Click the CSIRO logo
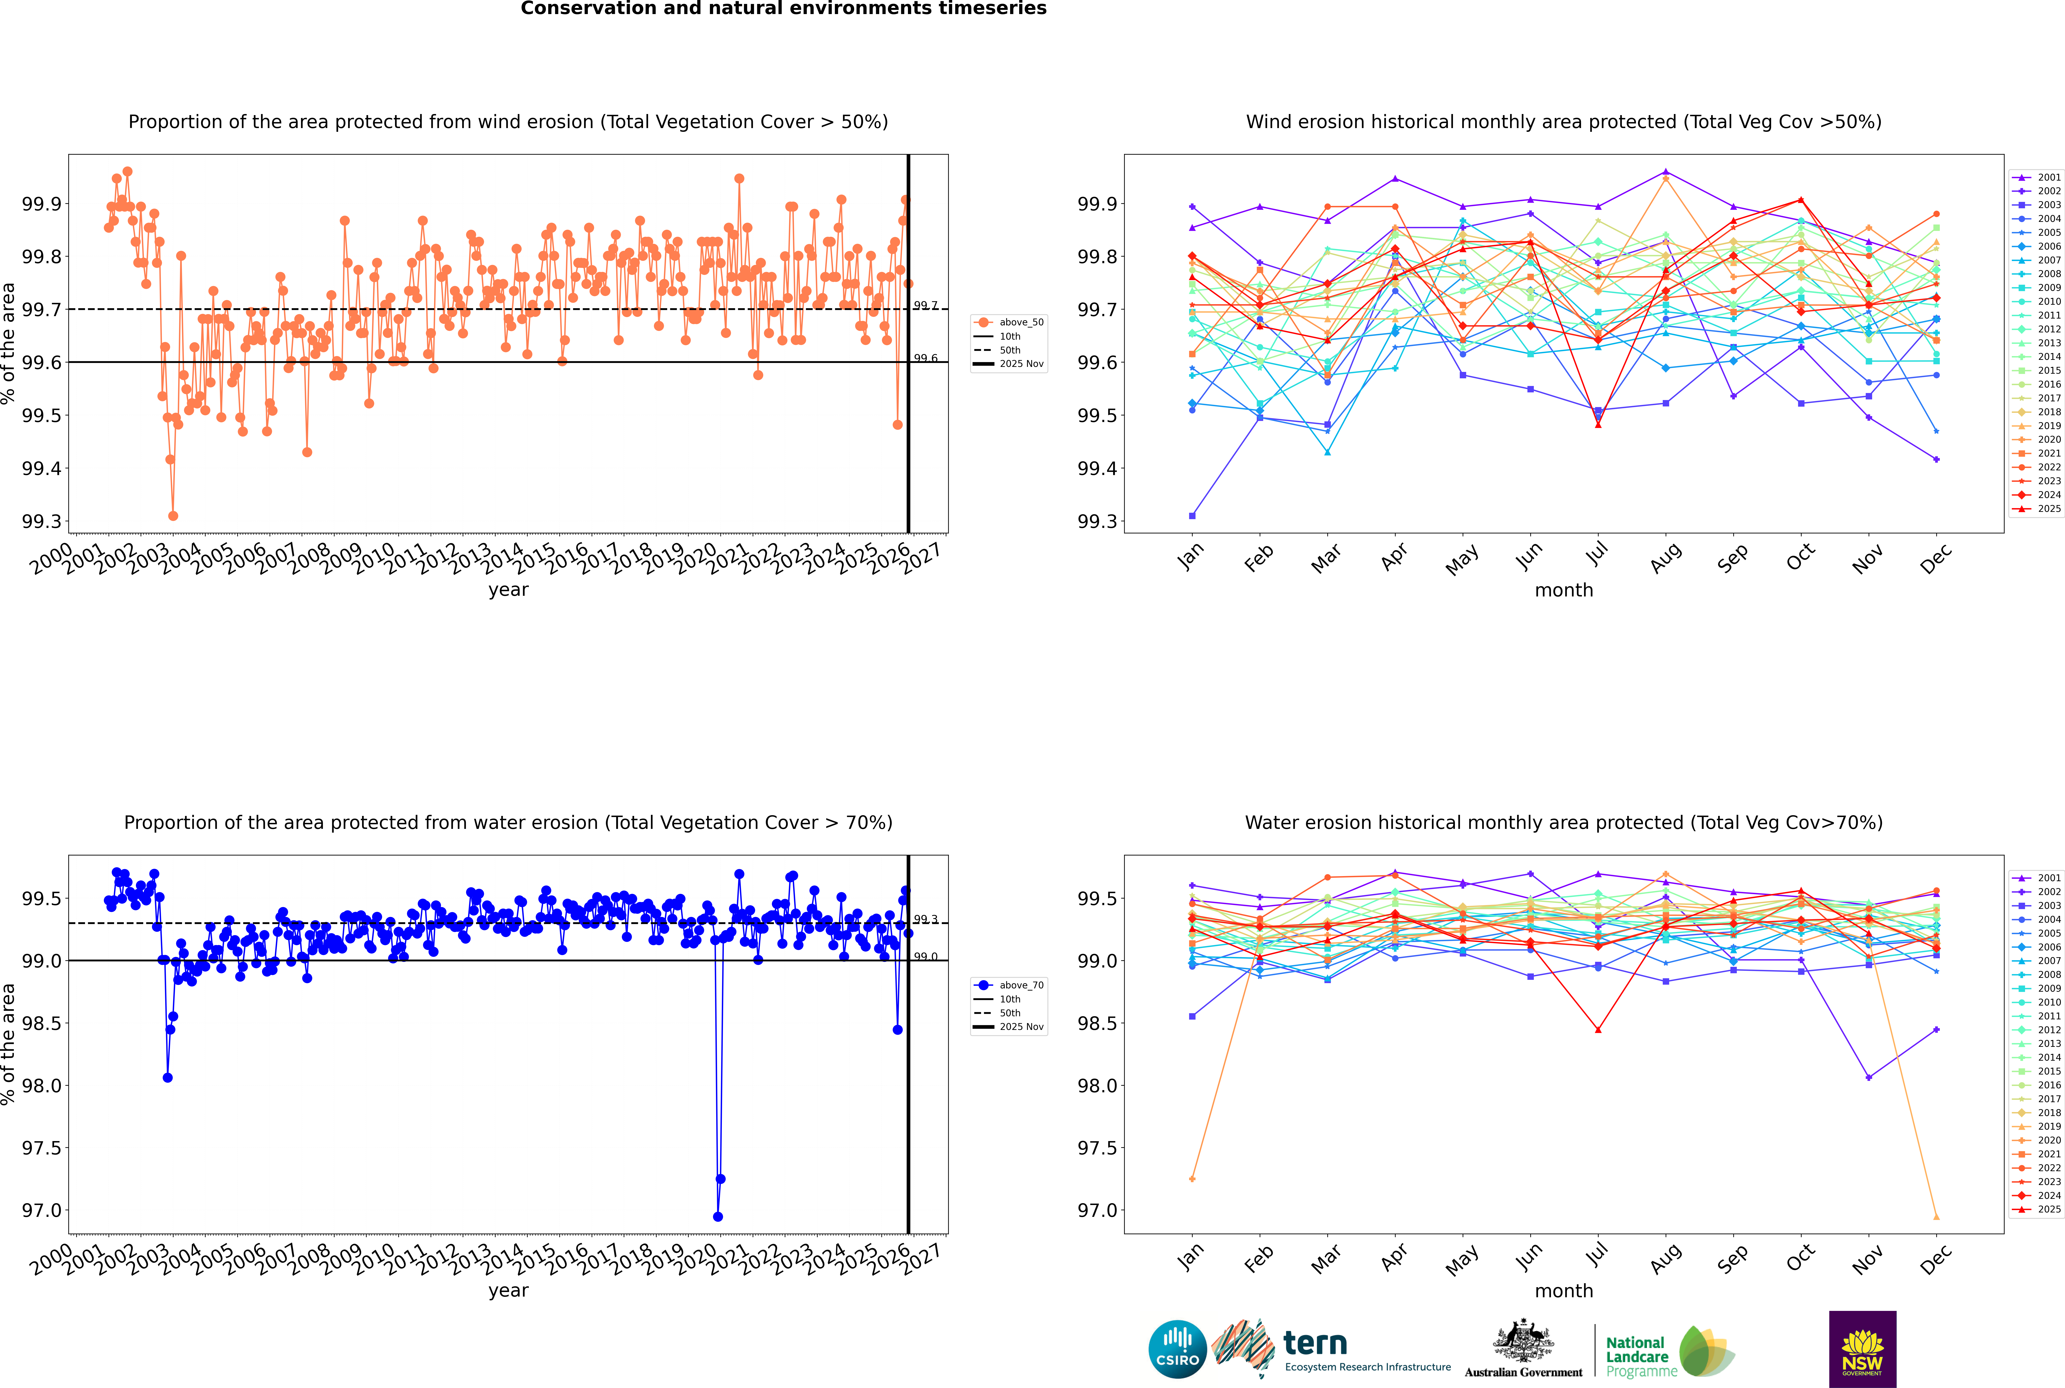pos(1177,1349)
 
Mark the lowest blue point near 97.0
pos(718,1217)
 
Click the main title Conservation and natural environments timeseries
pos(783,9)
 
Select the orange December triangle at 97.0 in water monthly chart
pos(1936,1217)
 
